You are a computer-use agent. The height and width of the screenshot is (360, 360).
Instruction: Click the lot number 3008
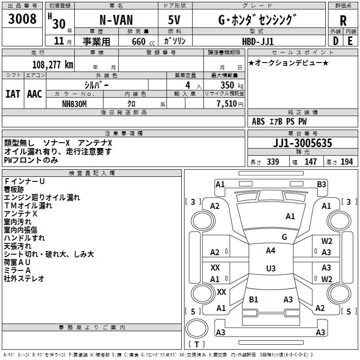[x=22, y=19]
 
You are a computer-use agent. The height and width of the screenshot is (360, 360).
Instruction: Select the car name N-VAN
[x=115, y=20]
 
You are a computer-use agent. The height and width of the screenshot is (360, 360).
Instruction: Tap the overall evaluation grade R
[x=343, y=20]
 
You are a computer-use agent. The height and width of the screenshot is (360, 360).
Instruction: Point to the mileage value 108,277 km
[x=52, y=64]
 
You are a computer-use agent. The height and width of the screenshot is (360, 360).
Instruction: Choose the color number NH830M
[x=75, y=103]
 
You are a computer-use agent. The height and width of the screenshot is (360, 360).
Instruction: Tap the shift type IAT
[x=13, y=94]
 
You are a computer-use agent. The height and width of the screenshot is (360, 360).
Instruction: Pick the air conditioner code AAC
[x=35, y=94]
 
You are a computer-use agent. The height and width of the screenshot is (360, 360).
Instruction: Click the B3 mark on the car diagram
[x=321, y=184]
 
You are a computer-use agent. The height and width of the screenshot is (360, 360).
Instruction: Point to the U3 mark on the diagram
[x=270, y=269]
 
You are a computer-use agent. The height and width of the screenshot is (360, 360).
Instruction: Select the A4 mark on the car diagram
[x=270, y=251]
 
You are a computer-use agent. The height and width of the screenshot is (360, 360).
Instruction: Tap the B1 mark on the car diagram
[x=253, y=299]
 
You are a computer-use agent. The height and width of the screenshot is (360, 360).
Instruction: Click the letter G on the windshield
[x=284, y=237]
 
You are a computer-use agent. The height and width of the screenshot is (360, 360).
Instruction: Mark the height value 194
[x=347, y=162]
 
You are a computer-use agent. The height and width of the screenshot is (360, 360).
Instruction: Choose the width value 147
[x=310, y=162]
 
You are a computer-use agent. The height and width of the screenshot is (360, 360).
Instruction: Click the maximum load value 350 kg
[x=231, y=85]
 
